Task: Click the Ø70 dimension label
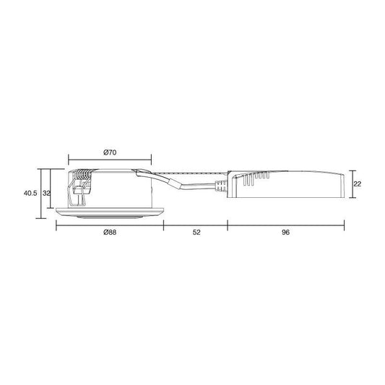(110, 152)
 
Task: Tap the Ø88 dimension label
(110, 232)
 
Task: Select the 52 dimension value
(196, 232)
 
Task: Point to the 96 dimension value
(285, 232)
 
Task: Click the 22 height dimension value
(358, 183)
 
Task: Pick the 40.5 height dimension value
(30, 194)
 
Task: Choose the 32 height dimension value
(46, 194)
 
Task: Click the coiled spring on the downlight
(82, 176)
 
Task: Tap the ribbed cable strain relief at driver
(221, 186)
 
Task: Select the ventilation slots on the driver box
(255, 178)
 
